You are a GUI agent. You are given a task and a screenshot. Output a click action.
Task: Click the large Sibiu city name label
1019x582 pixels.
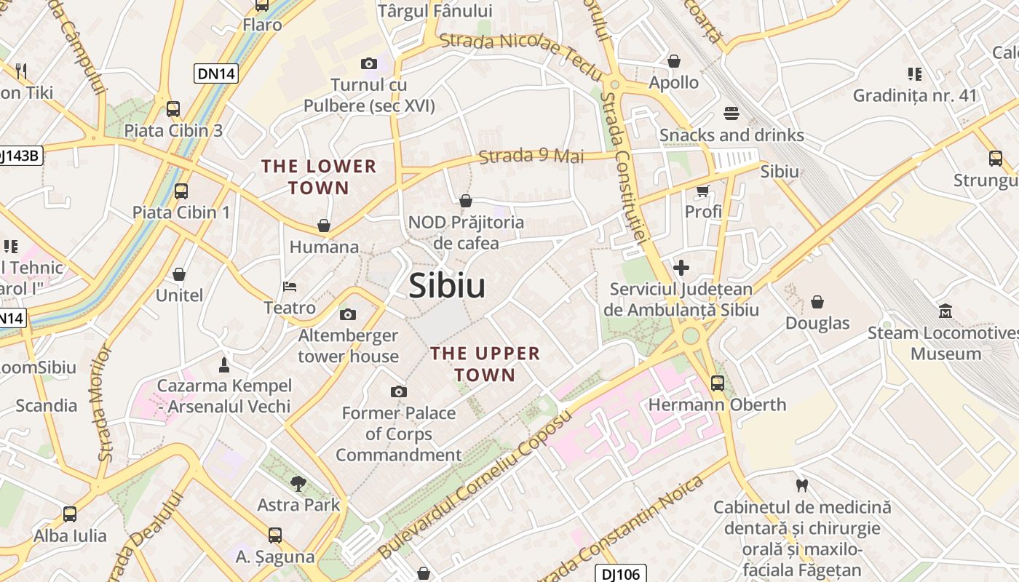pos(447,286)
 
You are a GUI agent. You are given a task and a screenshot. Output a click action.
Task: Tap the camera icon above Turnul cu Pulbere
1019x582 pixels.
pos(369,64)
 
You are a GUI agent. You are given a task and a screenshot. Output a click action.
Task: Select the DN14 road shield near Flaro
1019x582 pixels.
pos(217,73)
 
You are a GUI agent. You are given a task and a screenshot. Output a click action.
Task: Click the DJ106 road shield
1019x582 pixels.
pos(621,574)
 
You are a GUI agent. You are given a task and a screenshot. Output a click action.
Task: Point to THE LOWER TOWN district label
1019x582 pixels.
pos(319,177)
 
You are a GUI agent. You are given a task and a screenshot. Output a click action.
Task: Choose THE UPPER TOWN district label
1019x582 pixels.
pos(485,364)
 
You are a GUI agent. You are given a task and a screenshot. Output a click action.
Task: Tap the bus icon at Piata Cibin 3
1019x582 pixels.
pos(173,109)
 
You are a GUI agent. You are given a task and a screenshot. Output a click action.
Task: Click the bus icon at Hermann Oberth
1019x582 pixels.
pos(718,383)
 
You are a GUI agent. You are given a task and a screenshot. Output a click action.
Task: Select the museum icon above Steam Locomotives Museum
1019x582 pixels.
pos(945,311)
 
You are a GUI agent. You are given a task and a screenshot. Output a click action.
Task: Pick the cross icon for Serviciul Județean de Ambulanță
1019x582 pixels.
pos(681,268)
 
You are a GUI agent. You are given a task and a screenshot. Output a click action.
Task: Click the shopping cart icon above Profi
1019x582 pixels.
pos(702,191)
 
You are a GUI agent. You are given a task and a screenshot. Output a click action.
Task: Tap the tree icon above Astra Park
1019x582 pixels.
pos(298,483)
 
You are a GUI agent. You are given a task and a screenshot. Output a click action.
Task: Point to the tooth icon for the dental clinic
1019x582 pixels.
pos(802,485)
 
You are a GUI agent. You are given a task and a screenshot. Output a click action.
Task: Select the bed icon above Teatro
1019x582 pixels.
pos(290,286)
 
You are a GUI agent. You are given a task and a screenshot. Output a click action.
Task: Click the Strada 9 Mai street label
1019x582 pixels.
pos(531,156)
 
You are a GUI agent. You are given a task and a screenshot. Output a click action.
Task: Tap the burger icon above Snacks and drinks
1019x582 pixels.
pos(731,113)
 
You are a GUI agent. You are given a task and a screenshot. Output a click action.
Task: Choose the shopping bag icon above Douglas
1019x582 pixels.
pos(817,301)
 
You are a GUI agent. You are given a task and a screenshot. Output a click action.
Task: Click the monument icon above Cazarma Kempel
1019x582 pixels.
pos(224,364)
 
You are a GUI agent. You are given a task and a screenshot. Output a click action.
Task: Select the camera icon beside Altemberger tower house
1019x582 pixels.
pos(348,314)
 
